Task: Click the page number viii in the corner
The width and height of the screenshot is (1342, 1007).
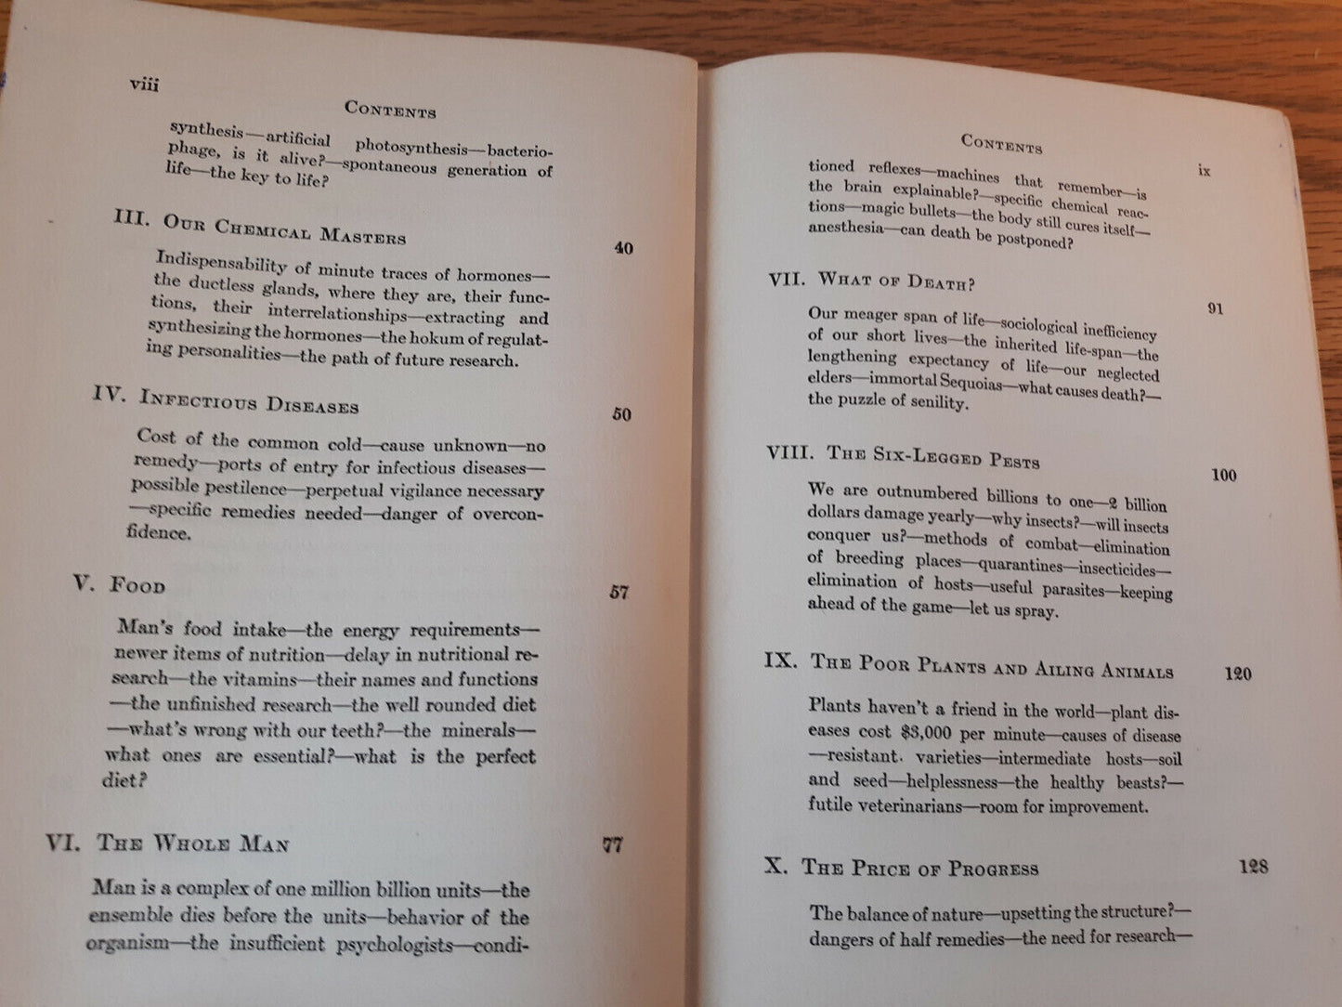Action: coord(145,85)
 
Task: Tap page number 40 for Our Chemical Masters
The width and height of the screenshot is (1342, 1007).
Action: coord(623,248)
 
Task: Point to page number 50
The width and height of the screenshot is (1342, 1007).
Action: coord(621,414)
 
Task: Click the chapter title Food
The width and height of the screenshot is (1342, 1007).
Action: coord(137,585)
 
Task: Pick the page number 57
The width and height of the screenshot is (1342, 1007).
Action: coord(619,592)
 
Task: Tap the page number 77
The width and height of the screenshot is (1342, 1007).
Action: coord(613,844)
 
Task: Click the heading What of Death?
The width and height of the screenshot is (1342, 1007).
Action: coord(896,281)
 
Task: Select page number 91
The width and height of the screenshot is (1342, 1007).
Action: coord(1215,308)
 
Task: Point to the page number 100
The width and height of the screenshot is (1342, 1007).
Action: coord(1224,476)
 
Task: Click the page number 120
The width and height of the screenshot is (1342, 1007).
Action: coord(1237,674)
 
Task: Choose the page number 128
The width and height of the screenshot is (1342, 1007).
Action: coord(1253,867)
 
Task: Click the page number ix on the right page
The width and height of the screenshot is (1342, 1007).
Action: coord(1204,171)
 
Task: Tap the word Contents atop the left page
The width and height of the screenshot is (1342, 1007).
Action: coord(390,109)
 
